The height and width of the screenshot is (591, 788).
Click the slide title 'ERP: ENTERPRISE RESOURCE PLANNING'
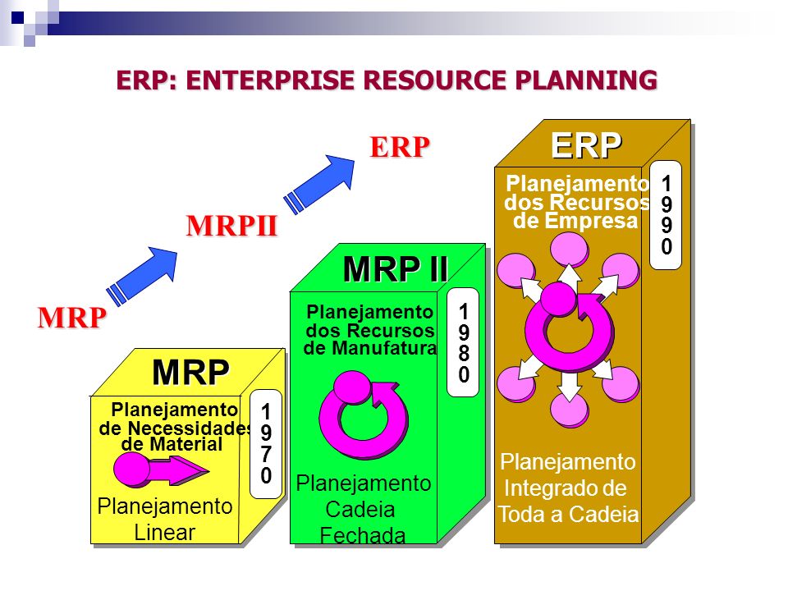click(387, 80)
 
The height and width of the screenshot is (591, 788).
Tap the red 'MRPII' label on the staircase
click(232, 226)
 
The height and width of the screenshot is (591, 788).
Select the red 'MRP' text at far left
click(71, 318)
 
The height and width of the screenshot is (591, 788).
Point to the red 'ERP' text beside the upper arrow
click(400, 147)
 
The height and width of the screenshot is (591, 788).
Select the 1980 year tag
click(464, 344)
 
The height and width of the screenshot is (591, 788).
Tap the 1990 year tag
click(667, 213)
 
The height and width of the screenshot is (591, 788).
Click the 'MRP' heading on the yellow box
click(190, 373)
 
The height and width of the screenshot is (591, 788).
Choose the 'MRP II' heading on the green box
click(395, 269)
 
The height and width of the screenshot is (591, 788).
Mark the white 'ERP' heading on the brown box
click(586, 145)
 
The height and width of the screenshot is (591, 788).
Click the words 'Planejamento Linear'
click(164, 519)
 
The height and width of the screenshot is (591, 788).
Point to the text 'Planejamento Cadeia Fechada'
click(363, 510)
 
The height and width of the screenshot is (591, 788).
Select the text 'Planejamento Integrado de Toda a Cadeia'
click(568, 488)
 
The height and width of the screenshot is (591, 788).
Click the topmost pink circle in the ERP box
click(568, 248)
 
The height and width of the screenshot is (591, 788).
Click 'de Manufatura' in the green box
click(369, 348)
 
